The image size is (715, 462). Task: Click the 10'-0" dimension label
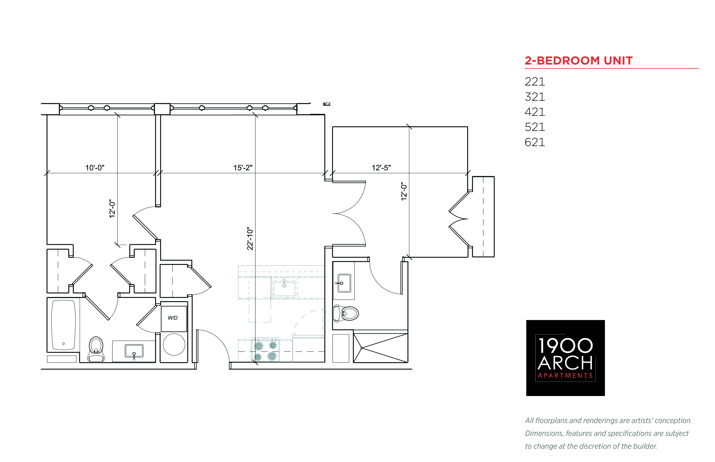(95, 168)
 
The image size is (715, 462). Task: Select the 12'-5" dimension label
(381, 168)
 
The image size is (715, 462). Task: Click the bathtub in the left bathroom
(63, 325)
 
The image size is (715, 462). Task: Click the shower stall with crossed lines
(380, 348)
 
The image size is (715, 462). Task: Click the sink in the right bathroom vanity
(344, 283)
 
